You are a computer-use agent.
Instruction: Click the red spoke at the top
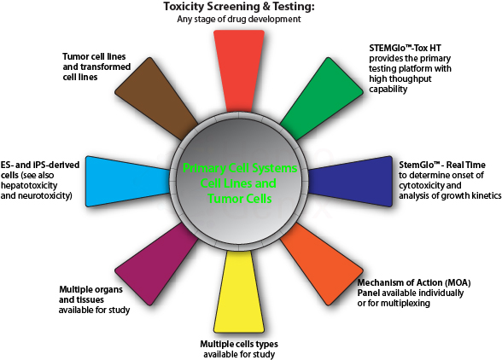point(239,71)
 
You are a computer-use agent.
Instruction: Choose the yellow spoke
point(239,292)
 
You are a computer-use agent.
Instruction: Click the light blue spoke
point(127,182)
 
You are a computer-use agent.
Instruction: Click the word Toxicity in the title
point(182,7)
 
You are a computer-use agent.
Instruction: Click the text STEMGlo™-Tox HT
point(405,49)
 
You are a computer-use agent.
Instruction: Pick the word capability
point(388,90)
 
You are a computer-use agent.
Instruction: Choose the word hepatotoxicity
point(29,186)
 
